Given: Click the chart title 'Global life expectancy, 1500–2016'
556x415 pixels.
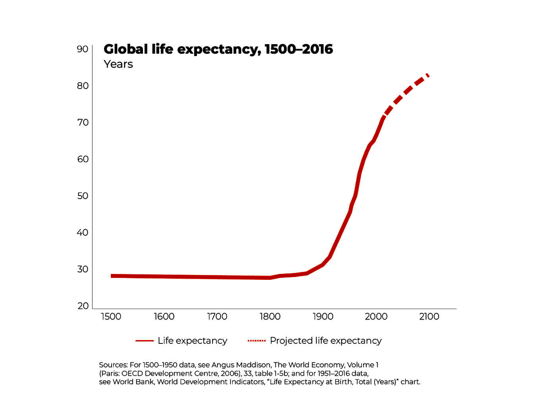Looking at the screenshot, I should [x=218, y=49].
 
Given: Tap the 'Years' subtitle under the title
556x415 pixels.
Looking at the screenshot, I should [x=118, y=64].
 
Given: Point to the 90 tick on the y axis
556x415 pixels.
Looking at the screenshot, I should [x=83, y=49].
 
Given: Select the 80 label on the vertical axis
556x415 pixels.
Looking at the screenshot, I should [x=83, y=86].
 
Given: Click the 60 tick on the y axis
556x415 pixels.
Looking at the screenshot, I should [x=83, y=159].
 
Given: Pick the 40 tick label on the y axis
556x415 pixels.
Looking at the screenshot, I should [x=83, y=233].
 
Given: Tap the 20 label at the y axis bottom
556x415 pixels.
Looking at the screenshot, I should [x=83, y=306].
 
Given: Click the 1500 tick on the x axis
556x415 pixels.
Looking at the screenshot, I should [x=111, y=317].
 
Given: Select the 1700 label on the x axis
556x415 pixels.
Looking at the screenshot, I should [x=217, y=317].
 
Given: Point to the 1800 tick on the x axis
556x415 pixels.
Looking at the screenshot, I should [x=270, y=317].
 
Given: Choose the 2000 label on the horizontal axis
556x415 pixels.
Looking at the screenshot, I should [x=376, y=317].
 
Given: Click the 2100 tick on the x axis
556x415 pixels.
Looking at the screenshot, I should [x=429, y=317].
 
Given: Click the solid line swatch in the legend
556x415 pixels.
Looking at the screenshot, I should [x=145, y=341].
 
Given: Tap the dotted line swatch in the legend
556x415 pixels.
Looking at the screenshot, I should [x=257, y=341].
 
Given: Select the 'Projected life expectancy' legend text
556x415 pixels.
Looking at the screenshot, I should [x=326, y=341].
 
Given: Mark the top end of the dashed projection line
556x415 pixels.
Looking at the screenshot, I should [x=428, y=75].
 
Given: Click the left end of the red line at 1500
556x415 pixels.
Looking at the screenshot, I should [x=112, y=276].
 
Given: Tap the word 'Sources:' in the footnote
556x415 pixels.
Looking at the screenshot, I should [x=113, y=365].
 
